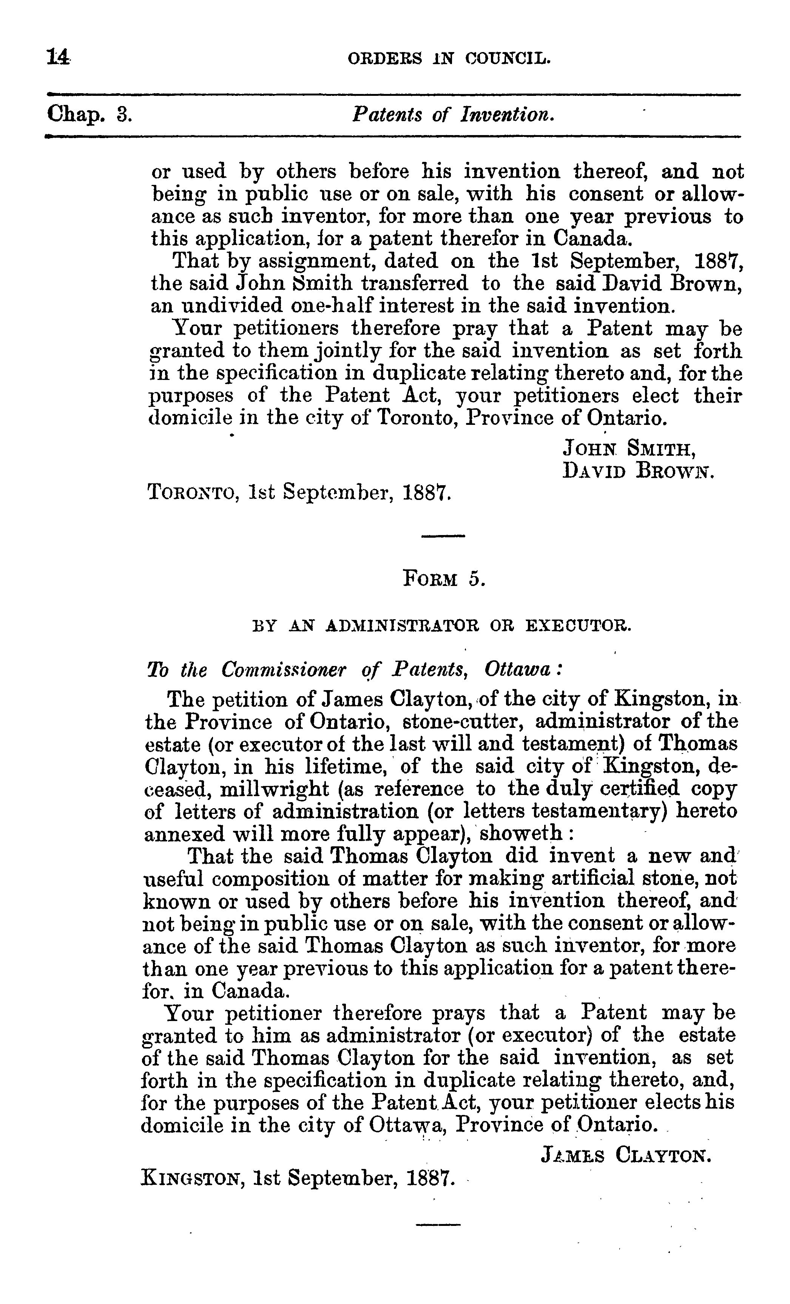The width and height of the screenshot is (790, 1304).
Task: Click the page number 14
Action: [x=58, y=56]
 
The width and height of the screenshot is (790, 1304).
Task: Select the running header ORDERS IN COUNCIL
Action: [x=449, y=58]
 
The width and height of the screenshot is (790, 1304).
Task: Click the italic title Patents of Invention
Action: [x=453, y=114]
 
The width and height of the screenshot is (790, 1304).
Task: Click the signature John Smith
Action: [x=628, y=449]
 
